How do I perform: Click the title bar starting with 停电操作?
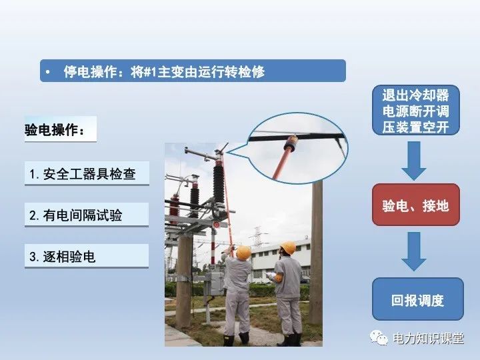tap(193, 71)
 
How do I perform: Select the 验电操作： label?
tap(56, 130)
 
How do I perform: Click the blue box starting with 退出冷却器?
tap(415, 109)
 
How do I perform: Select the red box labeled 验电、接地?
tap(415, 205)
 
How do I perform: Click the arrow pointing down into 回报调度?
tap(414, 251)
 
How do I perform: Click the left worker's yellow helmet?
tap(243, 252)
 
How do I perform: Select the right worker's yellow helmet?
tap(288, 248)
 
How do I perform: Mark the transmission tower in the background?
tap(257, 237)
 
